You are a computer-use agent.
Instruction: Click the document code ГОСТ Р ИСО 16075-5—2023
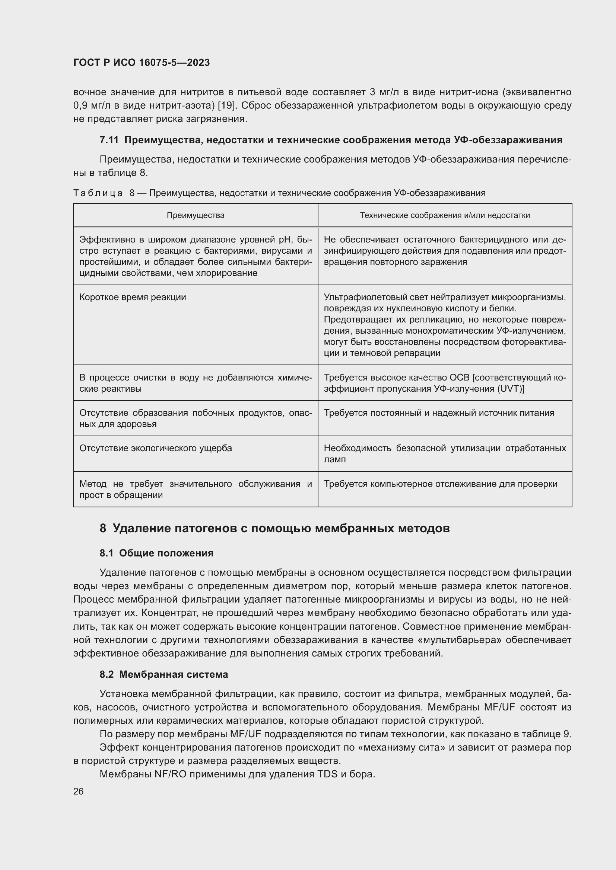tap(142, 62)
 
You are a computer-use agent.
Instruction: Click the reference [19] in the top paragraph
tap(227, 105)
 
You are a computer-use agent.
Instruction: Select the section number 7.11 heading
tap(109, 140)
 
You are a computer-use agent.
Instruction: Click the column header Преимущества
tap(196, 215)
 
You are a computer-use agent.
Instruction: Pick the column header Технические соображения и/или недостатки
tap(445, 215)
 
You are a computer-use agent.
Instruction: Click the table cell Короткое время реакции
tap(133, 297)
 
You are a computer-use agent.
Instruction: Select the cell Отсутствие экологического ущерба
tap(156, 448)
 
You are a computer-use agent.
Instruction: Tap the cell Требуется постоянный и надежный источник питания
tap(439, 412)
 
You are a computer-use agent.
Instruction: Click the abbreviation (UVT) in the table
tap(510, 389)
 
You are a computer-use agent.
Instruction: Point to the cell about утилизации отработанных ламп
tap(445, 453)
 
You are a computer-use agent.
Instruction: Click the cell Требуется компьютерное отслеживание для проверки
tap(440, 484)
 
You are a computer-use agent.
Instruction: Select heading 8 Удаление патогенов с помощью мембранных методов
tap(274, 528)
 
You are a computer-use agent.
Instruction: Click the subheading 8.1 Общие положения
tap(156, 553)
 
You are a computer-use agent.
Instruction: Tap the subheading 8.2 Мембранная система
tap(163, 674)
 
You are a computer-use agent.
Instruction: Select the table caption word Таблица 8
tap(104, 193)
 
